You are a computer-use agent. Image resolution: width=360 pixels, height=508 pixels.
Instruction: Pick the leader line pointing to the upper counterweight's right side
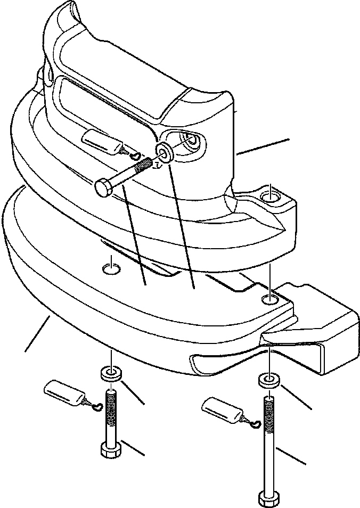click(x=263, y=147)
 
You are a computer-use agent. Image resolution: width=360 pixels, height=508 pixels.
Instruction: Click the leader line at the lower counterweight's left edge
click(x=37, y=333)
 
